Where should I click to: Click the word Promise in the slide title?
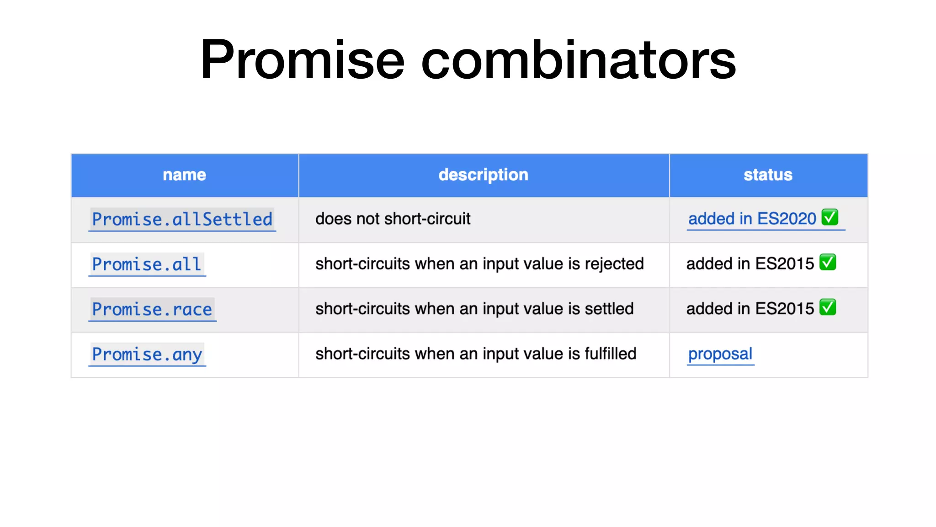pyautogui.click(x=302, y=60)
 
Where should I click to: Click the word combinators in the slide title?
pyautogui.click(x=578, y=60)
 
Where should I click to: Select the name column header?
pyautogui.click(x=184, y=175)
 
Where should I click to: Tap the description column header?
pyautogui.click(x=483, y=175)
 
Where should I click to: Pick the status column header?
pyautogui.click(x=768, y=175)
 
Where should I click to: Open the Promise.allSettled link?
pyautogui.click(x=182, y=219)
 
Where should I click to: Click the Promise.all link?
pyautogui.click(x=147, y=264)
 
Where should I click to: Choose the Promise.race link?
pyautogui.click(x=152, y=309)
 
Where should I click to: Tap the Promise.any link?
pyautogui.click(x=147, y=355)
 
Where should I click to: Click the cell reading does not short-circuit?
pyautogui.click(x=393, y=219)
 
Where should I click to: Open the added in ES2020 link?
pyautogui.click(x=752, y=219)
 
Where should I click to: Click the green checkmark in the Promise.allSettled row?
pyautogui.click(x=830, y=217)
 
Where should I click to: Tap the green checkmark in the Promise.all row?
pyautogui.click(x=828, y=262)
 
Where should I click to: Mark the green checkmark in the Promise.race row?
pyautogui.click(x=828, y=307)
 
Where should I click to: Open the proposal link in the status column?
pyautogui.click(x=720, y=354)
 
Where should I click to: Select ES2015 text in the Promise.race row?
pyautogui.click(x=784, y=309)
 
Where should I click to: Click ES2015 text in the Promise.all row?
pyautogui.click(x=784, y=264)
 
